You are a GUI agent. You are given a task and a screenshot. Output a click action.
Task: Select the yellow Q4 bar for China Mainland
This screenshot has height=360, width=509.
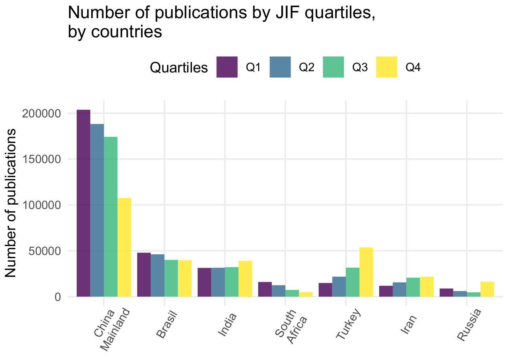[124, 247]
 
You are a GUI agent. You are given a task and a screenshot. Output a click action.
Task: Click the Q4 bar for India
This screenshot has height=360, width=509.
[245, 279]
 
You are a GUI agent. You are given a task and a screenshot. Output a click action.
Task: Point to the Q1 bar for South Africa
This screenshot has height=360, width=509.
[265, 289]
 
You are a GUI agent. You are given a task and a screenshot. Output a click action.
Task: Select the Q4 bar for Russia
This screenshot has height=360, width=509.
[487, 289]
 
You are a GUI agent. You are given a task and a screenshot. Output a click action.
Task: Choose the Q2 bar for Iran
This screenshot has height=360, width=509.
[399, 289]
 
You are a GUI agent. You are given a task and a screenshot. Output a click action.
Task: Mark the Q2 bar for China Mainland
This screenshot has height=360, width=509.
[97, 210]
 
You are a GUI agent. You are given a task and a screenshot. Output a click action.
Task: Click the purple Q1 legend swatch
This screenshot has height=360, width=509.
[227, 67]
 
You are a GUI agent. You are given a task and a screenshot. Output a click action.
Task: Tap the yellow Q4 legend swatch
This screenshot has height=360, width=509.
[387, 67]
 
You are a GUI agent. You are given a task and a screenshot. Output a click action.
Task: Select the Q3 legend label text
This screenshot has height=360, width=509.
[360, 67]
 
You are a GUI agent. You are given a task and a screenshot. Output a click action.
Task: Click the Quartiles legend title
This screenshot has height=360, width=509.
[179, 68]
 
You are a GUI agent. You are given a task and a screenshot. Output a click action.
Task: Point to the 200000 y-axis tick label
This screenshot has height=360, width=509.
[42, 114]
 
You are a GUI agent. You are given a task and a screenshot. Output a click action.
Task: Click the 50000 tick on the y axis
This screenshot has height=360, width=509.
[45, 251]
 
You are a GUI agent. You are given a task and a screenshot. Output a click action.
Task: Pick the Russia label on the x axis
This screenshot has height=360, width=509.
[469, 325]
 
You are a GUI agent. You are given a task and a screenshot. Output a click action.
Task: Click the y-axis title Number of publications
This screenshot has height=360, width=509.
[11, 203]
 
